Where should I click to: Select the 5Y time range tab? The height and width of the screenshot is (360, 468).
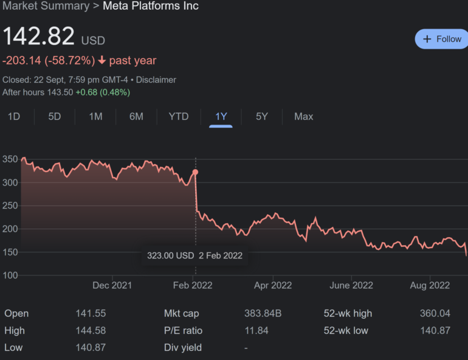tap(261, 116)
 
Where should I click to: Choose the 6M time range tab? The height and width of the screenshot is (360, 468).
tap(136, 116)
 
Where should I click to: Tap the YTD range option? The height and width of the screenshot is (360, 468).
tap(179, 116)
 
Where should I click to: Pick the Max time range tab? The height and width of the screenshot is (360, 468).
tap(304, 116)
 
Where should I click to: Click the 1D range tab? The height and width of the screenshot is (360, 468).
tap(14, 116)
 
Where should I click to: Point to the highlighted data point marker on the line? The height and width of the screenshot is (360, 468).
tap(195, 172)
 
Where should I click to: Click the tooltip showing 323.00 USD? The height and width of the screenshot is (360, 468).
tap(194, 255)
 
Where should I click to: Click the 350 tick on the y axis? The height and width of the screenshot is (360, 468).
tap(10, 160)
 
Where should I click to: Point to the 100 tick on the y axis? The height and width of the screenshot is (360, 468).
tap(10, 275)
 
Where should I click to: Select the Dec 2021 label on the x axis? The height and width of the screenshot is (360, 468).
tap(112, 285)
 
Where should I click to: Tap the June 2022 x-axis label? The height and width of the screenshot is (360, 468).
tap(351, 285)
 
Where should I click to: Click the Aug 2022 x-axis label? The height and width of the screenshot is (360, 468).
tap(430, 285)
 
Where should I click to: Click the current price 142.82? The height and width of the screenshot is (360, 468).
tap(39, 36)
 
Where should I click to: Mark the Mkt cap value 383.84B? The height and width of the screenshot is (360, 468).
tap(263, 314)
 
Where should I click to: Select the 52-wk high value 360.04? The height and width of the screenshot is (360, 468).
tap(435, 314)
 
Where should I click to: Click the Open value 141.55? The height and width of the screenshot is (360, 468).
tap(91, 314)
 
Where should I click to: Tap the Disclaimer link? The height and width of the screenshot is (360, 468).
tap(156, 80)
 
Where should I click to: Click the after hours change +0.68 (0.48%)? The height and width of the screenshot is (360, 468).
tap(103, 92)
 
